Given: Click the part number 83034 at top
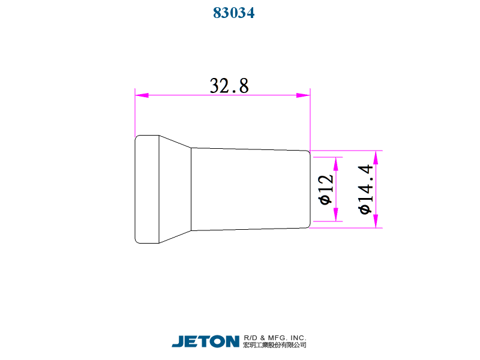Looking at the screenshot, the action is pos(233,13).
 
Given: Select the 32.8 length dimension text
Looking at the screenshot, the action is pos(229,85).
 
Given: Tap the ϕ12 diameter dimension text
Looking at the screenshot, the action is pos(325,190).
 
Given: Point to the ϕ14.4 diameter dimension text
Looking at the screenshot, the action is pos(365,190).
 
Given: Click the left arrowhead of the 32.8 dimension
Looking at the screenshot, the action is pos(142,95).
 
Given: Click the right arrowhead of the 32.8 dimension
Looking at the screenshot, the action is pos(304,95).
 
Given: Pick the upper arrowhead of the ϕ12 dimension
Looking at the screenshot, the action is pos(336,164).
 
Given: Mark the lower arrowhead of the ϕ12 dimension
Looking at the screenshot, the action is pos(336,214).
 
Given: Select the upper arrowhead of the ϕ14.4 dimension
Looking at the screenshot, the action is pos(376,157).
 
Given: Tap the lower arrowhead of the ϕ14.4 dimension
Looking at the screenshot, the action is pos(376,221).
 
